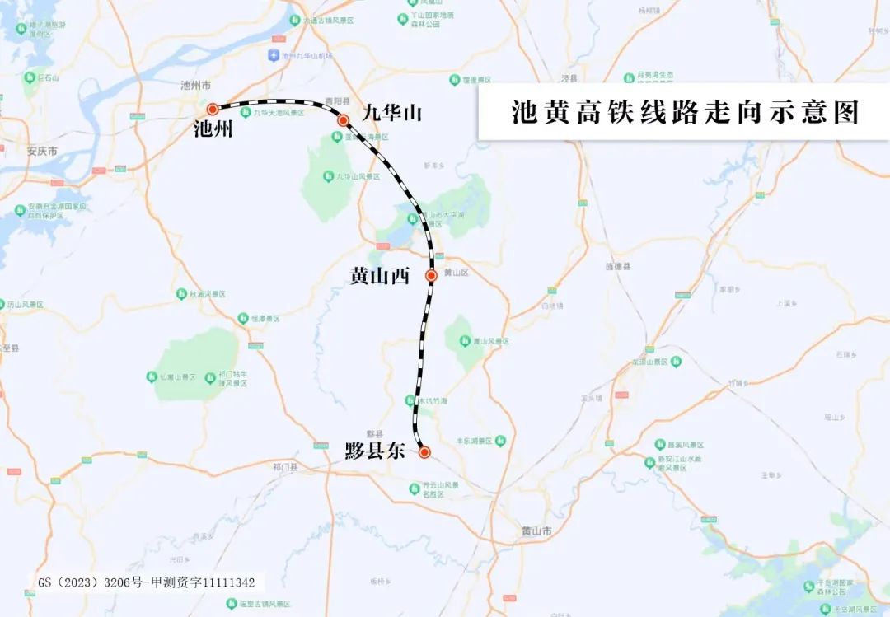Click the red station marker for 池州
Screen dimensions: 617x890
[213, 109]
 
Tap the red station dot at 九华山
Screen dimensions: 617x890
[344, 120]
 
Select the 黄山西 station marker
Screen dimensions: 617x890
[431, 275]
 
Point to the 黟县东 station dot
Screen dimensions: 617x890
[424, 452]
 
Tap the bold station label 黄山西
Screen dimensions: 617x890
[380, 277]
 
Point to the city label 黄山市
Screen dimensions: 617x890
[536, 531]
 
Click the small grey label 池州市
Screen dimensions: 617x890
[196, 86]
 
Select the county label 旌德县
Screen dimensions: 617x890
[617, 267]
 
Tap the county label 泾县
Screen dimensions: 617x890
[568, 77]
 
